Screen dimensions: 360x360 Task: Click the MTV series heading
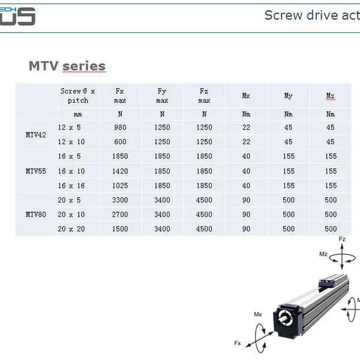tap(67, 66)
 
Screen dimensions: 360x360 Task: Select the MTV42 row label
tap(36, 135)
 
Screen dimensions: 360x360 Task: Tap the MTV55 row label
tap(36, 171)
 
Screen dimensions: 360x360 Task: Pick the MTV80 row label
tap(36, 214)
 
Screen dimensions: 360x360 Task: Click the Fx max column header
tap(120, 96)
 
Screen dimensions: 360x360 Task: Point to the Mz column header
tap(331, 96)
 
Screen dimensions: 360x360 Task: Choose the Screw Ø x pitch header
tap(78, 96)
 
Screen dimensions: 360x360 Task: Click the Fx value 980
tap(120, 127)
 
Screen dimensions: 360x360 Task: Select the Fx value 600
tap(120, 142)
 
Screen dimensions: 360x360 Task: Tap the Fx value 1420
tap(120, 171)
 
